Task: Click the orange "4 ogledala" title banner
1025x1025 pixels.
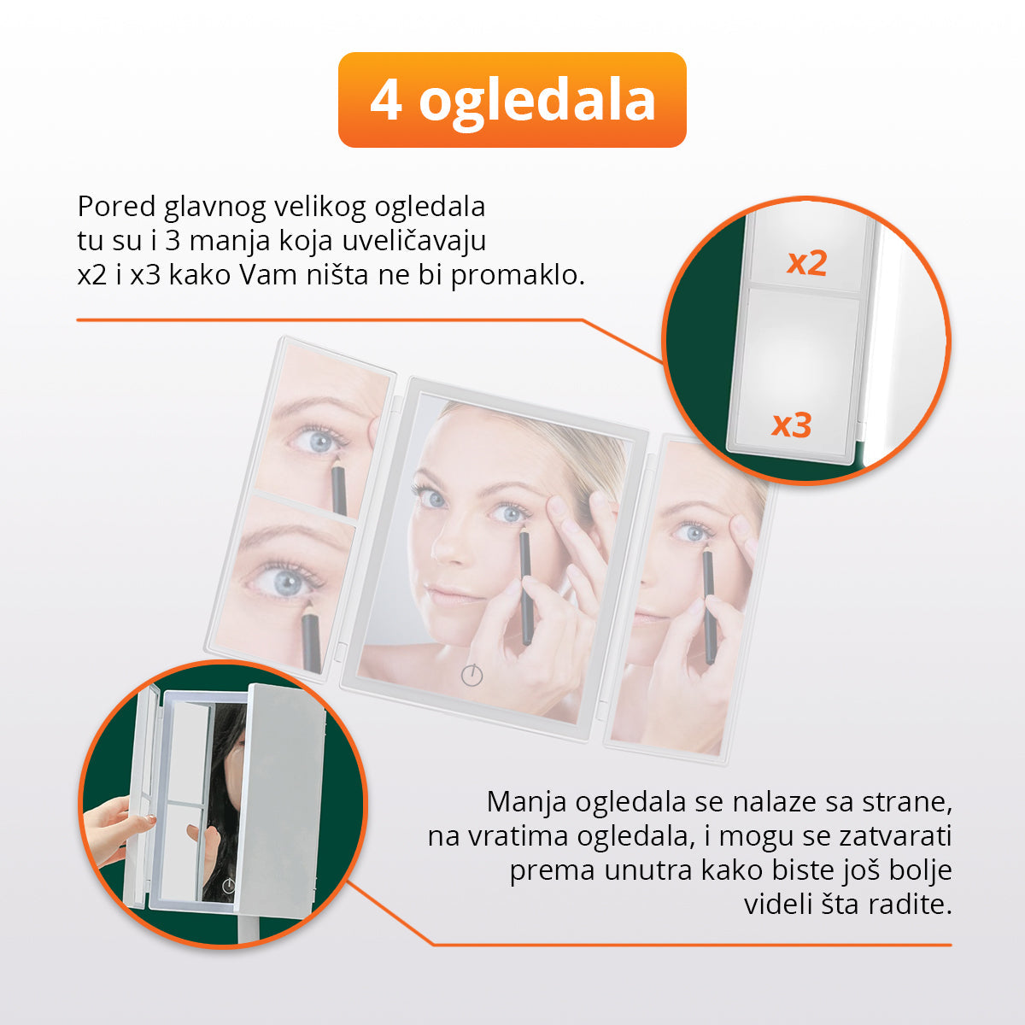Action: pyautogui.click(x=512, y=99)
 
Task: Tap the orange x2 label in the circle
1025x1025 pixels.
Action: pyautogui.click(x=806, y=263)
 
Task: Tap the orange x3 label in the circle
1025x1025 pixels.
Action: pyautogui.click(x=792, y=425)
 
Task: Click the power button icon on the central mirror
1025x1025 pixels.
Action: pyautogui.click(x=471, y=675)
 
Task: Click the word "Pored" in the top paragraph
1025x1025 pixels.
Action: pyautogui.click(x=116, y=207)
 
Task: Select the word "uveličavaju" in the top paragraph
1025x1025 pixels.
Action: pyautogui.click(x=413, y=240)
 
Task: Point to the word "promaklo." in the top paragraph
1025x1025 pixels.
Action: pyautogui.click(x=518, y=276)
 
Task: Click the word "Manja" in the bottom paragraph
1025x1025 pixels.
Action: pyautogui.click(x=527, y=802)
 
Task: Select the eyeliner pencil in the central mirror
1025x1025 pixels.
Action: pyautogui.click(x=525, y=585)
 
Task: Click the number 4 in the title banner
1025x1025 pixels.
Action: pyautogui.click(x=386, y=101)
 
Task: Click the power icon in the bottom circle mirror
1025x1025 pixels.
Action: pyautogui.click(x=228, y=886)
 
